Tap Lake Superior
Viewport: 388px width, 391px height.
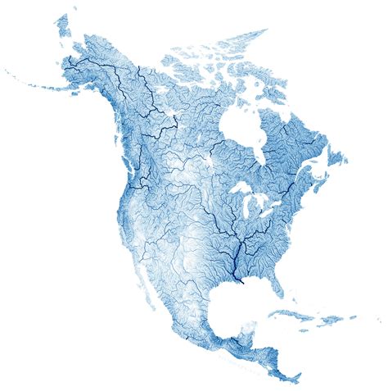click(238, 191)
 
